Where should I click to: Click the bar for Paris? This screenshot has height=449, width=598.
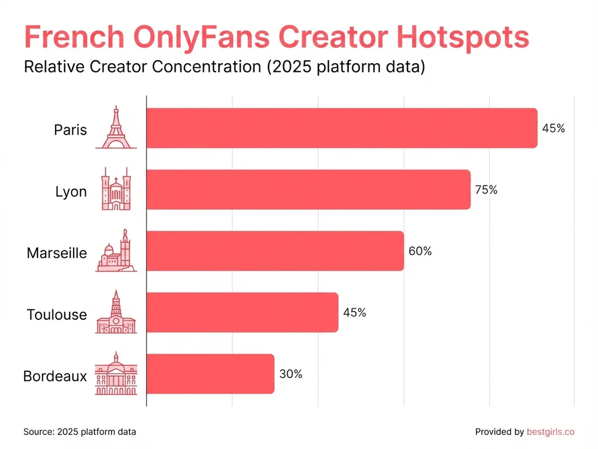(341, 128)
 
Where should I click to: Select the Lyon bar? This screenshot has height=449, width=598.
(308, 189)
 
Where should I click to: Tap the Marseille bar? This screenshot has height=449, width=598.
(274, 251)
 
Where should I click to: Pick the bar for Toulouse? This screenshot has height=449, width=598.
(242, 312)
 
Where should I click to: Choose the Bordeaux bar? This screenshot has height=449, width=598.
(210, 374)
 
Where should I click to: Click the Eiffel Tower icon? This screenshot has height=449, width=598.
(116, 128)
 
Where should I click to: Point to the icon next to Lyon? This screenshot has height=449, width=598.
(116, 189)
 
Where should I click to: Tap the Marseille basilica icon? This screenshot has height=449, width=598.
(116, 251)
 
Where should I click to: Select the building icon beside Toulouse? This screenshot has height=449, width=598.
(116, 312)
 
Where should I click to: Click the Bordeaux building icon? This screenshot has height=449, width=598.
(116, 374)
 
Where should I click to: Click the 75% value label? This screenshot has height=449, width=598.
(486, 189)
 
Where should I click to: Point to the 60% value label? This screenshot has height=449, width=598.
(420, 251)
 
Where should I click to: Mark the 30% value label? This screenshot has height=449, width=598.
(291, 374)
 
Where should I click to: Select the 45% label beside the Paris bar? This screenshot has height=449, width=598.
(553, 128)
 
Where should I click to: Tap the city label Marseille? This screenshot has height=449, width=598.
(57, 253)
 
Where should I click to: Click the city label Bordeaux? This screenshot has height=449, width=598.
(55, 376)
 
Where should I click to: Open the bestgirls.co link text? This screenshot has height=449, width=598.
(550, 432)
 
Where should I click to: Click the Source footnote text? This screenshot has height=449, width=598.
(79, 432)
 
